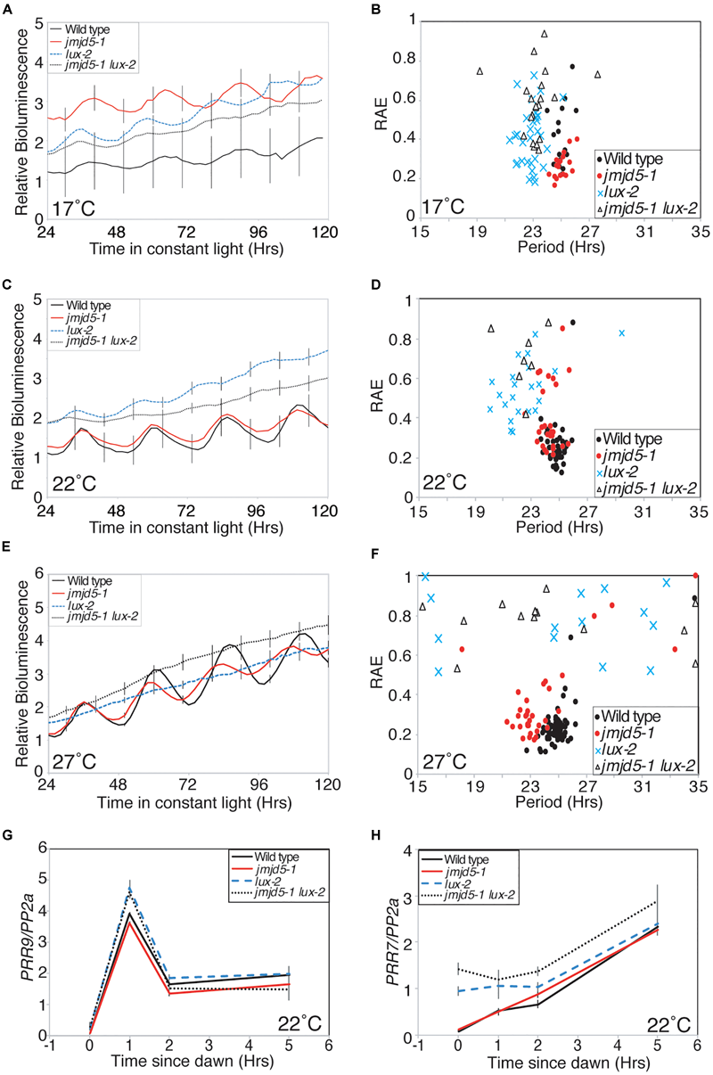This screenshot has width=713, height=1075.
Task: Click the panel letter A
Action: coord(10,9)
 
